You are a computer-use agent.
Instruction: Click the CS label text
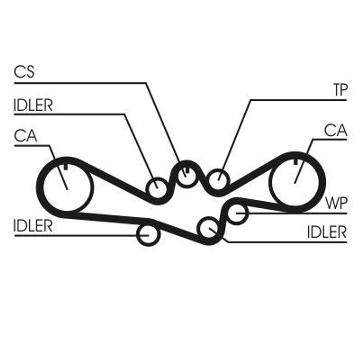[24, 72]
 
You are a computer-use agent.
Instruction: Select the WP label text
[336, 203]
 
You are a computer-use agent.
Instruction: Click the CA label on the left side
[25, 135]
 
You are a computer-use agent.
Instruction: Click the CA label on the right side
[335, 130]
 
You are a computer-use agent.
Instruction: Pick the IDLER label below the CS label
[33, 105]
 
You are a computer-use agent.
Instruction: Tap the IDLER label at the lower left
[33, 226]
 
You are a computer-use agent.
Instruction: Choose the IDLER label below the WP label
[327, 232]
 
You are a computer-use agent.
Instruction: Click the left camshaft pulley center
[67, 189]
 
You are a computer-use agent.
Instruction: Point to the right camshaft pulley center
[295, 183]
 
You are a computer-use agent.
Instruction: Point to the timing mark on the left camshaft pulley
[66, 167]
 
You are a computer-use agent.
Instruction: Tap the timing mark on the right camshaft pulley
[295, 162]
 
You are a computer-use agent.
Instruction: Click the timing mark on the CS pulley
[187, 170]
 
